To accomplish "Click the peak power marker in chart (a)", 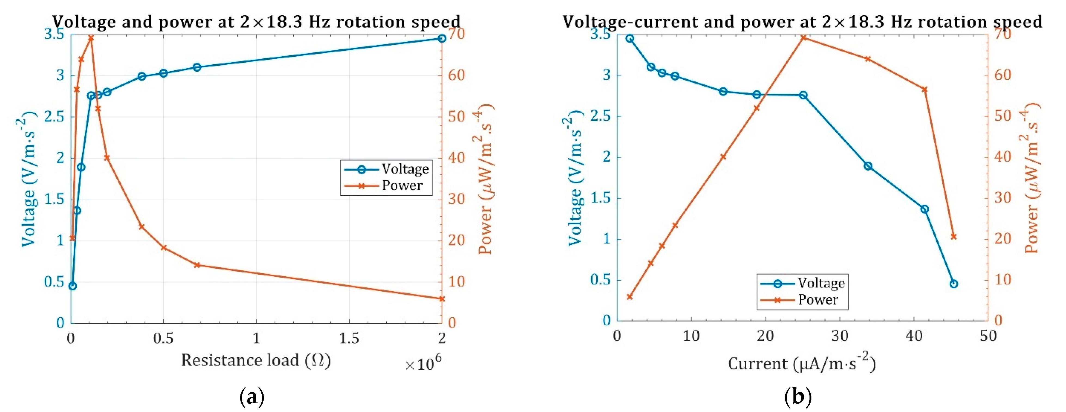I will click(91, 38).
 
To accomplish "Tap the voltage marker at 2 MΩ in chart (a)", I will click(442, 38).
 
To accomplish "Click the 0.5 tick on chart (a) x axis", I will click(163, 338).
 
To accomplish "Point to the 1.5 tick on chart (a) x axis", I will click(349, 338).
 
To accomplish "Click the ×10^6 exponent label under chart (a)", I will click(423, 363).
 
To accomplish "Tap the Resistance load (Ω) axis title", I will click(256, 360).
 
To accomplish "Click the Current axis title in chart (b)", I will click(802, 363).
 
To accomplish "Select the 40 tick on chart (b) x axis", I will click(914, 336).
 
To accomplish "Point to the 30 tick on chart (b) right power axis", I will click(1002, 198).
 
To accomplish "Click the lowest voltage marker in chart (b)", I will click(954, 284).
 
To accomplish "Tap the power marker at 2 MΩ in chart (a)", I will click(442, 299).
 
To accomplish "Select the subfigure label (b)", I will click(798, 397).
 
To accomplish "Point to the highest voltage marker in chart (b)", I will click(630, 38).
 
